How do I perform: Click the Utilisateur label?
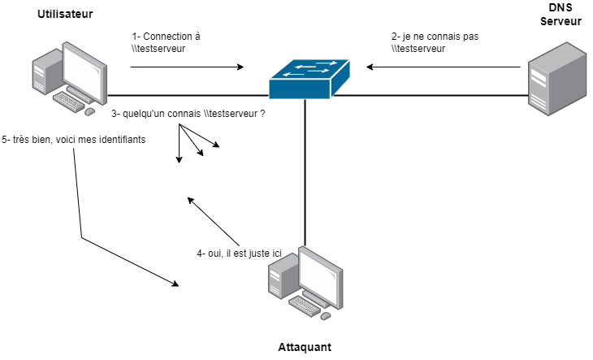point(65,14)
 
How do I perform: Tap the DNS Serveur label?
point(561,15)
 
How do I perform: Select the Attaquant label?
point(305,347)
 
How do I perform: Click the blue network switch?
point(309,79)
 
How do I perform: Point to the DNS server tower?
point(557,79)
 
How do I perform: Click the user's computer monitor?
point(84,73)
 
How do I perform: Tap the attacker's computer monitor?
point(321,277)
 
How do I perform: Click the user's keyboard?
point(68,102)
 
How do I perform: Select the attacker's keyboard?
point(305,306)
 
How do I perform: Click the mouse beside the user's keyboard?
point(89,111)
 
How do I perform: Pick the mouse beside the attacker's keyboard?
point(326,316)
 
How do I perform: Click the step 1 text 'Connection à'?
point(166,37)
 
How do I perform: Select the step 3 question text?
point(188,114)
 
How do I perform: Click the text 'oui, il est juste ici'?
point(239,254)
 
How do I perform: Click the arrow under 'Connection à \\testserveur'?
point(187,67)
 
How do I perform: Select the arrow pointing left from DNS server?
point(444,67)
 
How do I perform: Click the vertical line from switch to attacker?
point(305,172)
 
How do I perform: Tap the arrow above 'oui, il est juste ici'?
point(214,222)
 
